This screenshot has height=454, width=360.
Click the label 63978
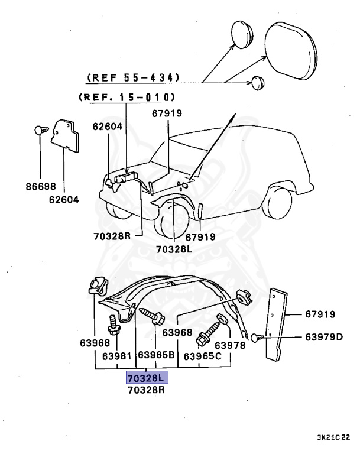[x=229, y=345]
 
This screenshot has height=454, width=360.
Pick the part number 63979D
[x=324, y=337]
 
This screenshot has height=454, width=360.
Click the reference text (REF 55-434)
[x=133, y=77]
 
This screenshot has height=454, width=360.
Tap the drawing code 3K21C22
[x=333, y=438]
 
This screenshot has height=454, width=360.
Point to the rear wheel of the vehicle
[x=280, y=203]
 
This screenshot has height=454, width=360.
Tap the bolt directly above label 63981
[x=114, y=323]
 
